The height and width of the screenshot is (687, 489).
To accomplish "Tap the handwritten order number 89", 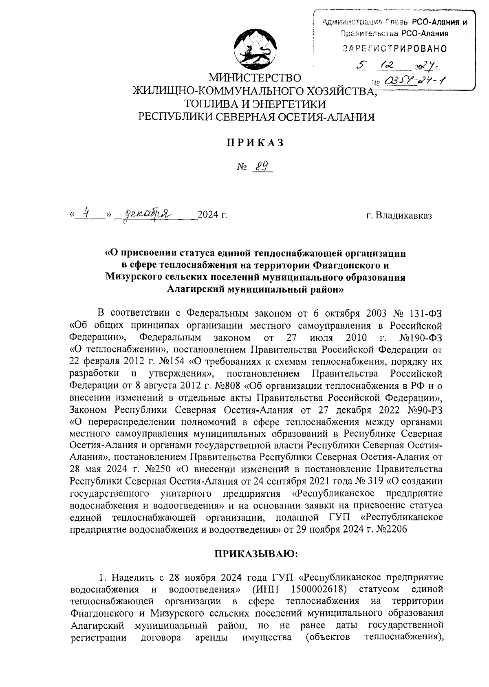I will coord(261,167).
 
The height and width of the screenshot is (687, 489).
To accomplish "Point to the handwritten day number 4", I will coord(86,211).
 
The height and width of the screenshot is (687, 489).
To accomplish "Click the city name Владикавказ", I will coord(399,214).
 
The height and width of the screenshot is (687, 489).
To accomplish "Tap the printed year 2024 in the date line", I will coord(208,214).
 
